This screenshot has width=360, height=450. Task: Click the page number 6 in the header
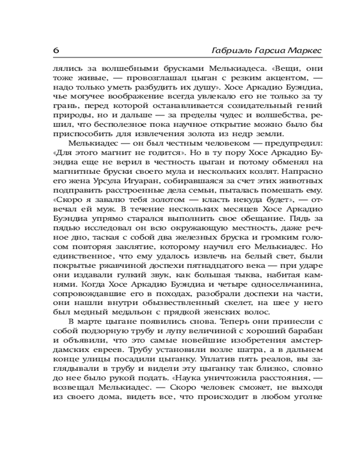pyautogui.click(x=57, y=50)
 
